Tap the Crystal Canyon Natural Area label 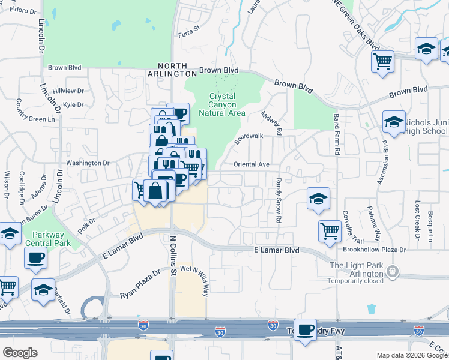point(227,104)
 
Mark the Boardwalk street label point(249,137)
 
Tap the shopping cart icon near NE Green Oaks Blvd point(382,61)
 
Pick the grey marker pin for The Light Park point(393,271)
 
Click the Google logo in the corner point(20,353)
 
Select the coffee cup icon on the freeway point(305,329)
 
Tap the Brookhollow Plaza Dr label point(374,249)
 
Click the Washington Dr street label point(88,163)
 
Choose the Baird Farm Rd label point(336,136)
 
